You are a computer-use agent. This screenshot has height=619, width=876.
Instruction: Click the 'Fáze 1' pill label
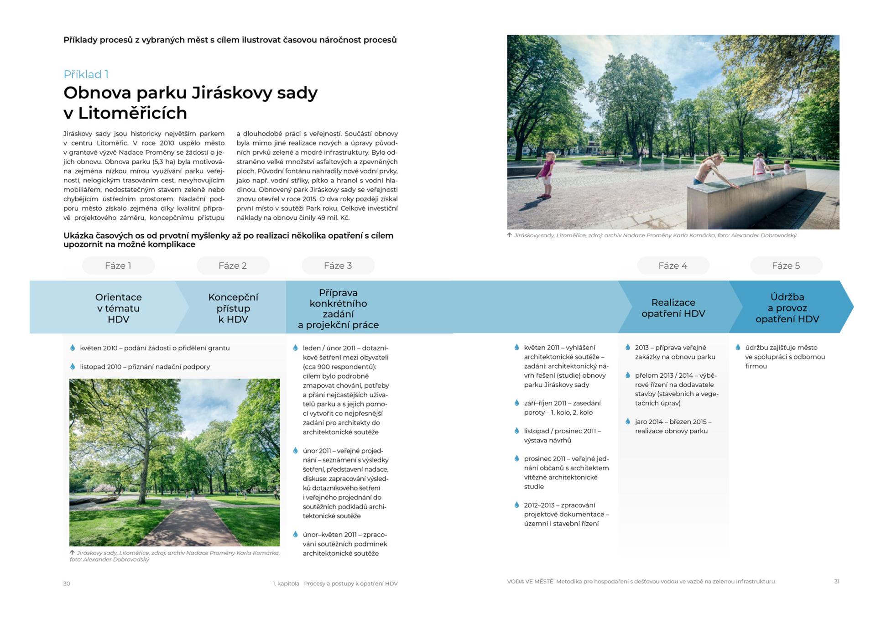(x=118, y=265)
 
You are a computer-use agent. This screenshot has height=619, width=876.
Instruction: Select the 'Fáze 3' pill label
(x=338, y=265)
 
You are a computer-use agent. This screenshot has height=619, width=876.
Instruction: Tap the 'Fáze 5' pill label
(x=786, y=265)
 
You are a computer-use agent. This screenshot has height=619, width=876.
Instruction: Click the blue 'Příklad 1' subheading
(x=86, y=74)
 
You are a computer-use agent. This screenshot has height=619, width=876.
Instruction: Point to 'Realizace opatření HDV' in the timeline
(x=673, y=308)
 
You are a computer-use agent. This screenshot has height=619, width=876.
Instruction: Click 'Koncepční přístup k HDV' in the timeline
(x=233, y=308)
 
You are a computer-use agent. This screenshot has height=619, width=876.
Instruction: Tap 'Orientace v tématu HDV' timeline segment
(x=118, y=308)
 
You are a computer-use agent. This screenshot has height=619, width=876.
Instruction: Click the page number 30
(x=67, y=583)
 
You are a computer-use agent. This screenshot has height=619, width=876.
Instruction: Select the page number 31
(x=836, y=582)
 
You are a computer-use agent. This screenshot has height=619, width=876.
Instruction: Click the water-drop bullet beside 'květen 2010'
(x=73, y=348)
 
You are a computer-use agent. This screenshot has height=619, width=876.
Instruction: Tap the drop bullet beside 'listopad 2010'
(x=73, y=366)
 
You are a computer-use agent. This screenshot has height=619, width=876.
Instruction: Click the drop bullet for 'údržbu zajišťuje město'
(x=738, y=347)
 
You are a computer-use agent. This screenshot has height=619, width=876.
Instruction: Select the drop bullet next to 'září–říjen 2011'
(x=516, y=403)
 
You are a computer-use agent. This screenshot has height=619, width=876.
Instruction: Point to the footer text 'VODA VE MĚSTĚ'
(x=530, y=582)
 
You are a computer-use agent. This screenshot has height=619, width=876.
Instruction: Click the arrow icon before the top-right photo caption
(x=509, y=235)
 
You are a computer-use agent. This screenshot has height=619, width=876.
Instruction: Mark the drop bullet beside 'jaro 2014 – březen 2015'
(x=628, y=421)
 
